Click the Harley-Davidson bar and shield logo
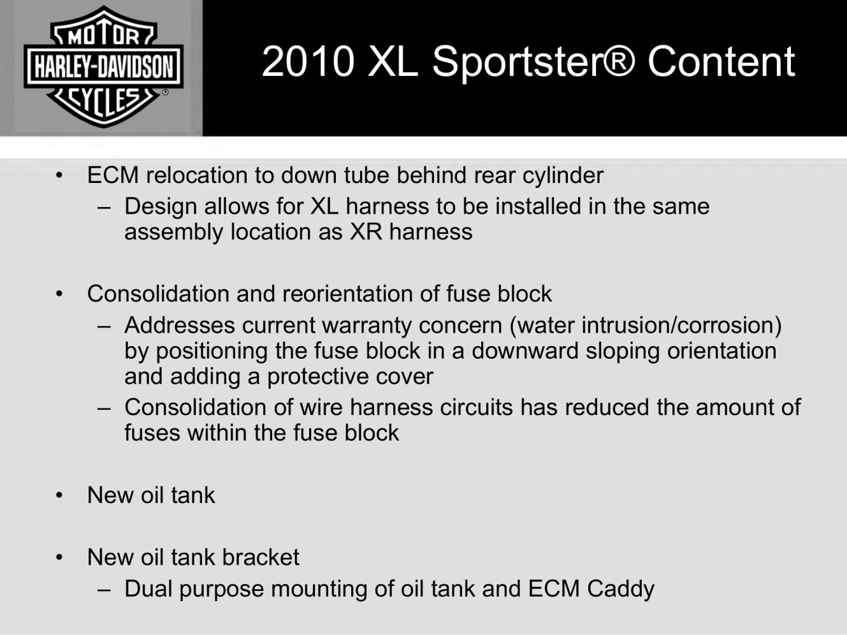pyautogui.click(x=103, y=66)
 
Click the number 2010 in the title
pyautogui.click(x=308, y=61)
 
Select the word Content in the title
pyautogui.click(x=721, y=61)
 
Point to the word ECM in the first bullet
pyautogui.click(x=113, y=175)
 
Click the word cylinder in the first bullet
pyautogui.click(x=563, y=176)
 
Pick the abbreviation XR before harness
pyautogui.click(x=366, y=232)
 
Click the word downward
pyautogui.click(x=525, y=351)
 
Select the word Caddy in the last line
pyautogui.click(x=621, y=589)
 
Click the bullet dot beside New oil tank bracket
pyautogui.click(x=59, y=558)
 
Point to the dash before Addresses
pyautogui.click(x=104, y=327)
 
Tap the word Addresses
pyautogui.click(x=180, y=325)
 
